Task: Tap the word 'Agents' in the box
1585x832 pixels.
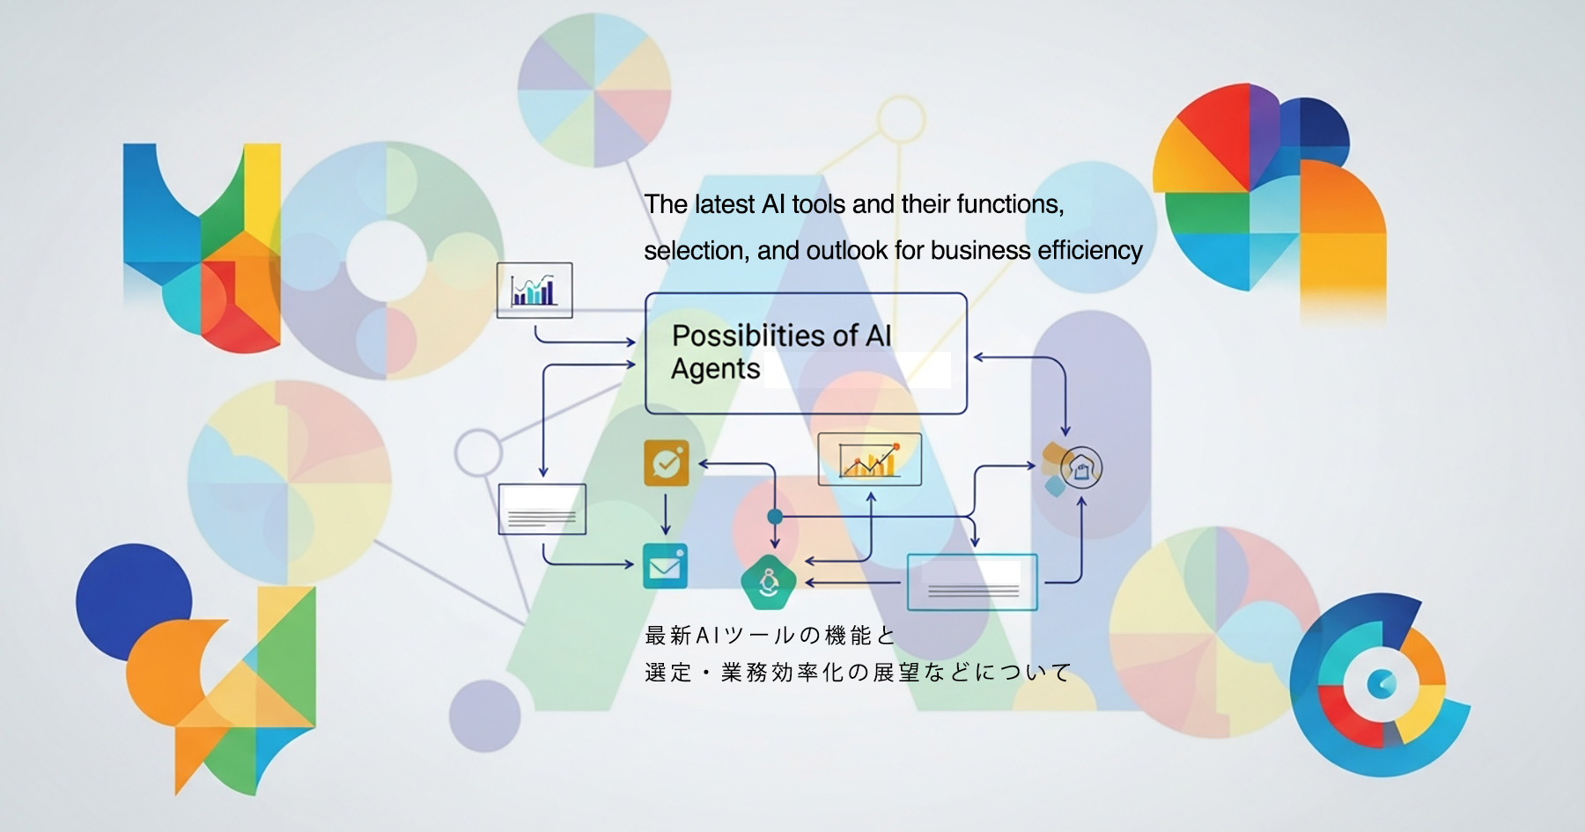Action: coord(715,369)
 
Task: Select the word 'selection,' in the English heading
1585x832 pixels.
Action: coord(695,251)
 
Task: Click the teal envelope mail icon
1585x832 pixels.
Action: coord(665,566)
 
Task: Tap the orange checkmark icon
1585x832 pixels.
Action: coord(667,462)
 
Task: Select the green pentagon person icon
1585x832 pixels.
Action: coord(769,582)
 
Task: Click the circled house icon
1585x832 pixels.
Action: coord(1080,468)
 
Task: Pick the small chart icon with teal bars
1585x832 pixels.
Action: coord(534,290)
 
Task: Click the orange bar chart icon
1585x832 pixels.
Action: coord(869,459)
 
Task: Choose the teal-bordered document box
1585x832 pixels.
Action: coord(972,582)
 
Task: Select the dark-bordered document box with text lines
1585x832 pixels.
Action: coord(542,509)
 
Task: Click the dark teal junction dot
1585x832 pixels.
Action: coord(775,516)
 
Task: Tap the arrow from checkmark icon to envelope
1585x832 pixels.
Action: coord(666,514)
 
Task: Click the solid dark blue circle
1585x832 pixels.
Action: coord(133,601)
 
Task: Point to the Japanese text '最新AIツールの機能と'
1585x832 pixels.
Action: coord(770,635)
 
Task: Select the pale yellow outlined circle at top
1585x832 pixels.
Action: coord(901,119)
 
